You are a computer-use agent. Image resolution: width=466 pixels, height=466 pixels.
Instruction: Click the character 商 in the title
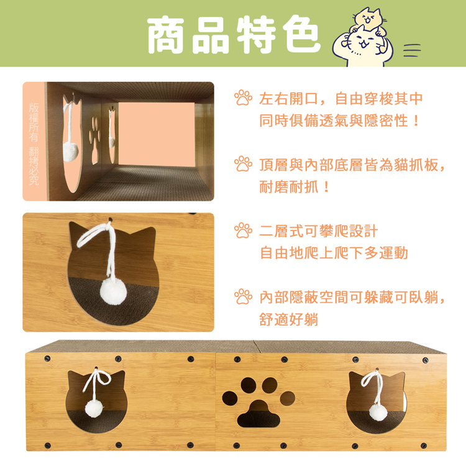point(167,35)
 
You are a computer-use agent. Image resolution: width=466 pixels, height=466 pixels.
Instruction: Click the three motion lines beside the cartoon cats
point(412,50)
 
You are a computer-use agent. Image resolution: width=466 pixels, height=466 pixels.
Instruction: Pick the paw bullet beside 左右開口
point(243,98)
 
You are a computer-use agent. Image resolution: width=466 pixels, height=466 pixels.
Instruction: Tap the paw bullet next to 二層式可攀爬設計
point(243,231)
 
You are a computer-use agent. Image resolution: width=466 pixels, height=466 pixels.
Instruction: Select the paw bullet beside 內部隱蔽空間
point(243,296)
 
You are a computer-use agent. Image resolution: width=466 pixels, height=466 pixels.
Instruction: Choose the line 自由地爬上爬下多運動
point(333,253)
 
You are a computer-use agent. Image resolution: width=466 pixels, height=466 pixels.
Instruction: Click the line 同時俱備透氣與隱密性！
point(339,121)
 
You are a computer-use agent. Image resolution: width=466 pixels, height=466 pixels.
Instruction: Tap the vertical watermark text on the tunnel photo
point(34,141)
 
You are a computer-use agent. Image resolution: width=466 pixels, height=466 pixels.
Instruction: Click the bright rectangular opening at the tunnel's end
point(155,133)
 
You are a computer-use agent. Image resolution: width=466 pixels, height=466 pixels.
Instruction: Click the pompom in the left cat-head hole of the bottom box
point(94,408)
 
